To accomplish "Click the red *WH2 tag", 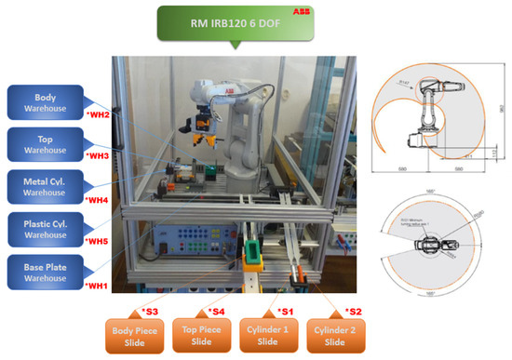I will (x=98, y=114).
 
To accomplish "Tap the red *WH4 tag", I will (x=98, y=199).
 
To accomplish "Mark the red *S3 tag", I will (x=149, y=309).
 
